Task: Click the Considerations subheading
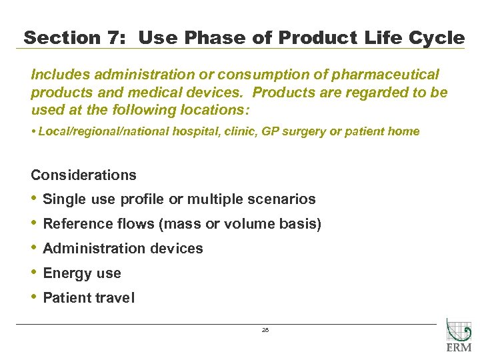tap(83, 175)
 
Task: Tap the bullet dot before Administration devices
tap(34, 248)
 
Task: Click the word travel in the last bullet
tap(115, 298)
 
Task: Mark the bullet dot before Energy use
tap(34, 273)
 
